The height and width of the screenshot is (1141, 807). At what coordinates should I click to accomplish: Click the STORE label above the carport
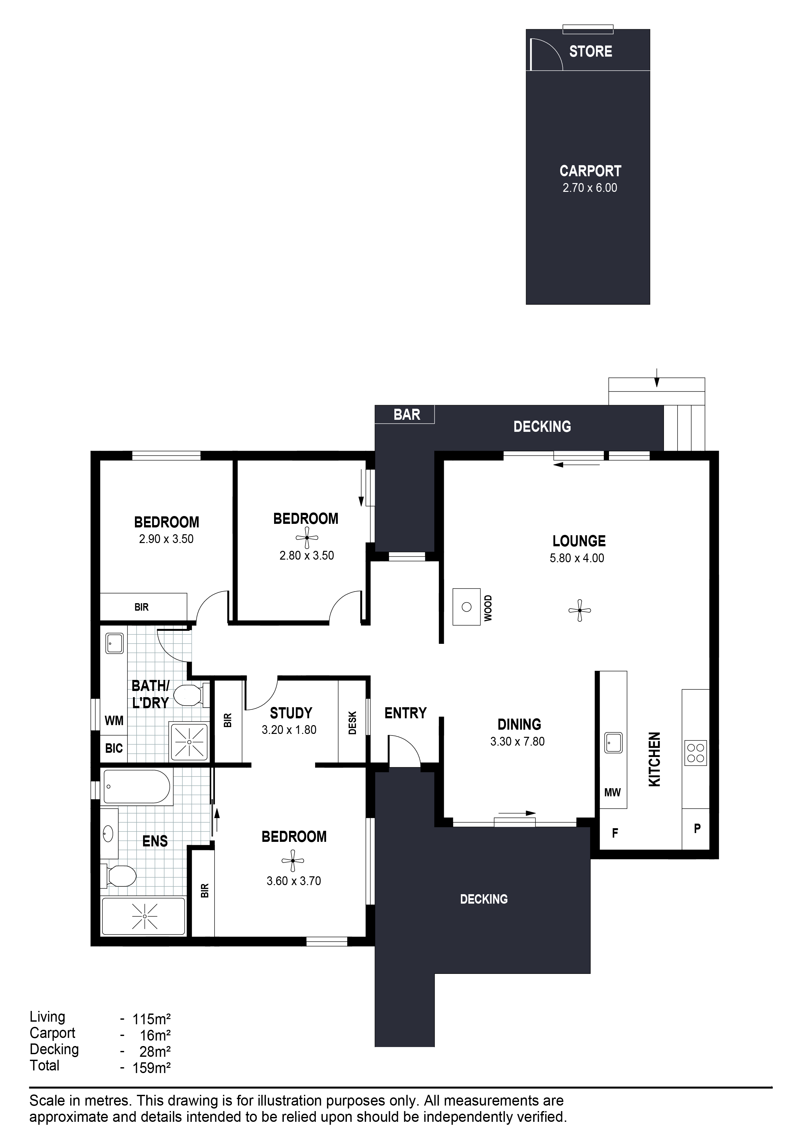tap(590, 51)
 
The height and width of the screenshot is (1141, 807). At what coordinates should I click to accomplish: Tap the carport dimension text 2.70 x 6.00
tap(590, 188)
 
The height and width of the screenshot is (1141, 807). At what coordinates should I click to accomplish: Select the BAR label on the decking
tap(406, 415)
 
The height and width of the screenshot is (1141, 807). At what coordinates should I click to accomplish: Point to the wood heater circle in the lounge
tap(467, 607)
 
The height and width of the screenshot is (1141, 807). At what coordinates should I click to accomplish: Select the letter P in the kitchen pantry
tap(697, 829)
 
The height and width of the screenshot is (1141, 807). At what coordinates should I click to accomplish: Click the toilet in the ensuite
tap(119, 876)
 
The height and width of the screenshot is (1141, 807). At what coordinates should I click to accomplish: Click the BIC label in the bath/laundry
tap(114, 749)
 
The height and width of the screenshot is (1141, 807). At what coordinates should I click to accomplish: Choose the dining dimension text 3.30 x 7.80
tap(517, 741)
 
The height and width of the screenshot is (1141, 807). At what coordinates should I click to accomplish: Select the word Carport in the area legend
tap(52, 1033)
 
